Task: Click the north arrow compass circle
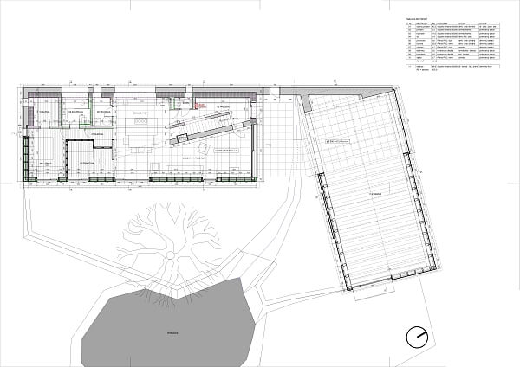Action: point(421,335)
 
